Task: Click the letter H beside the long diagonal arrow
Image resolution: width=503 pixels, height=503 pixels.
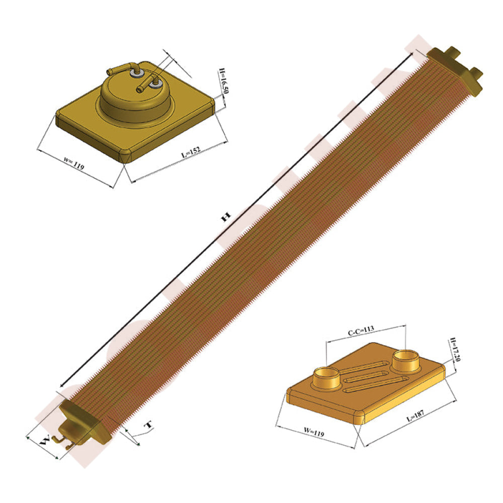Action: pos(225,217)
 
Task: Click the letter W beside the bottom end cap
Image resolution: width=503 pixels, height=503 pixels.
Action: pos(45,441)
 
